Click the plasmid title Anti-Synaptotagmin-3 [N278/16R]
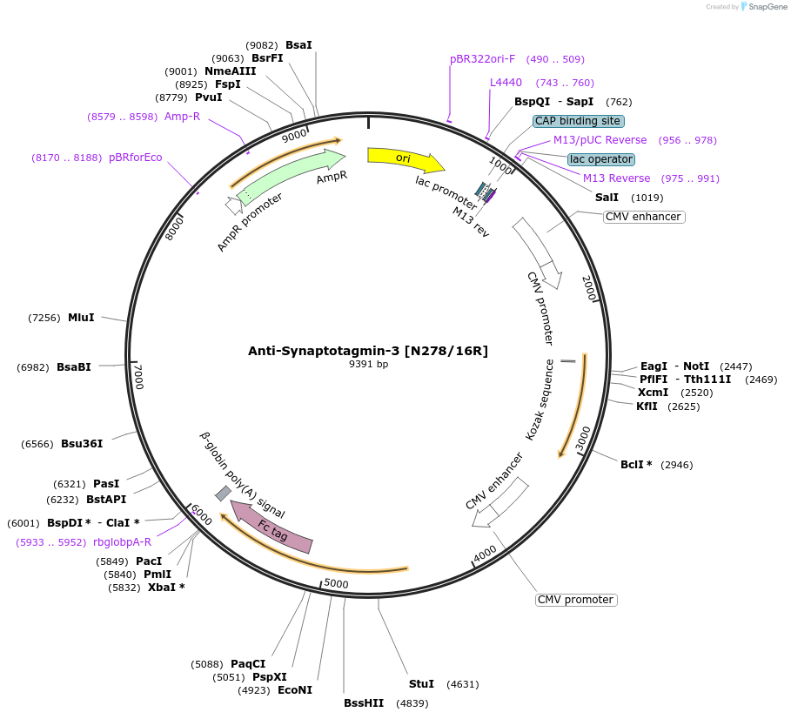[x=368, y=351]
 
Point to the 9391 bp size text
[x=368, y=365]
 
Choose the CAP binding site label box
[x=578, y=121]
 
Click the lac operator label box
[x=600, y=159]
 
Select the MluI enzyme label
[x=81, y=318]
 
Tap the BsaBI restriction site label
[x=74, y=367]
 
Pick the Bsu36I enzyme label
[x=82, y=444]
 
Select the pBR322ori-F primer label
[x=483, y=59]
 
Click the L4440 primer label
[x=506, y=83]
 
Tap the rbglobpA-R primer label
[x=122, y=541]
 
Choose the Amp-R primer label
[x=182, y=117]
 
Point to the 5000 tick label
[x=336, y=583]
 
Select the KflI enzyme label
[x=647, y=407]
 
